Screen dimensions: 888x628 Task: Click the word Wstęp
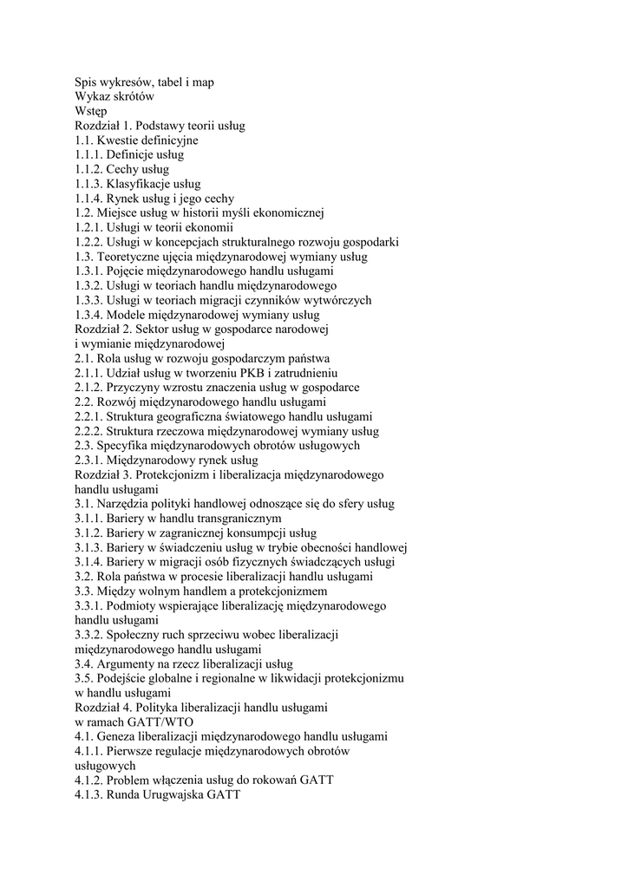click(91, 111)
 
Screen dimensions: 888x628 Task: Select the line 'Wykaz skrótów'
click(114, 96)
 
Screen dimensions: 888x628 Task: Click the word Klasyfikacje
click(140, 184)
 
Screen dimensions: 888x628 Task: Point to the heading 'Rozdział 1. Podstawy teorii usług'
click(160, 126)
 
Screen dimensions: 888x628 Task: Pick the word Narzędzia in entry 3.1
click(124, 504)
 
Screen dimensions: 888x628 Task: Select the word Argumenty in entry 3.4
click(125, 664)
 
